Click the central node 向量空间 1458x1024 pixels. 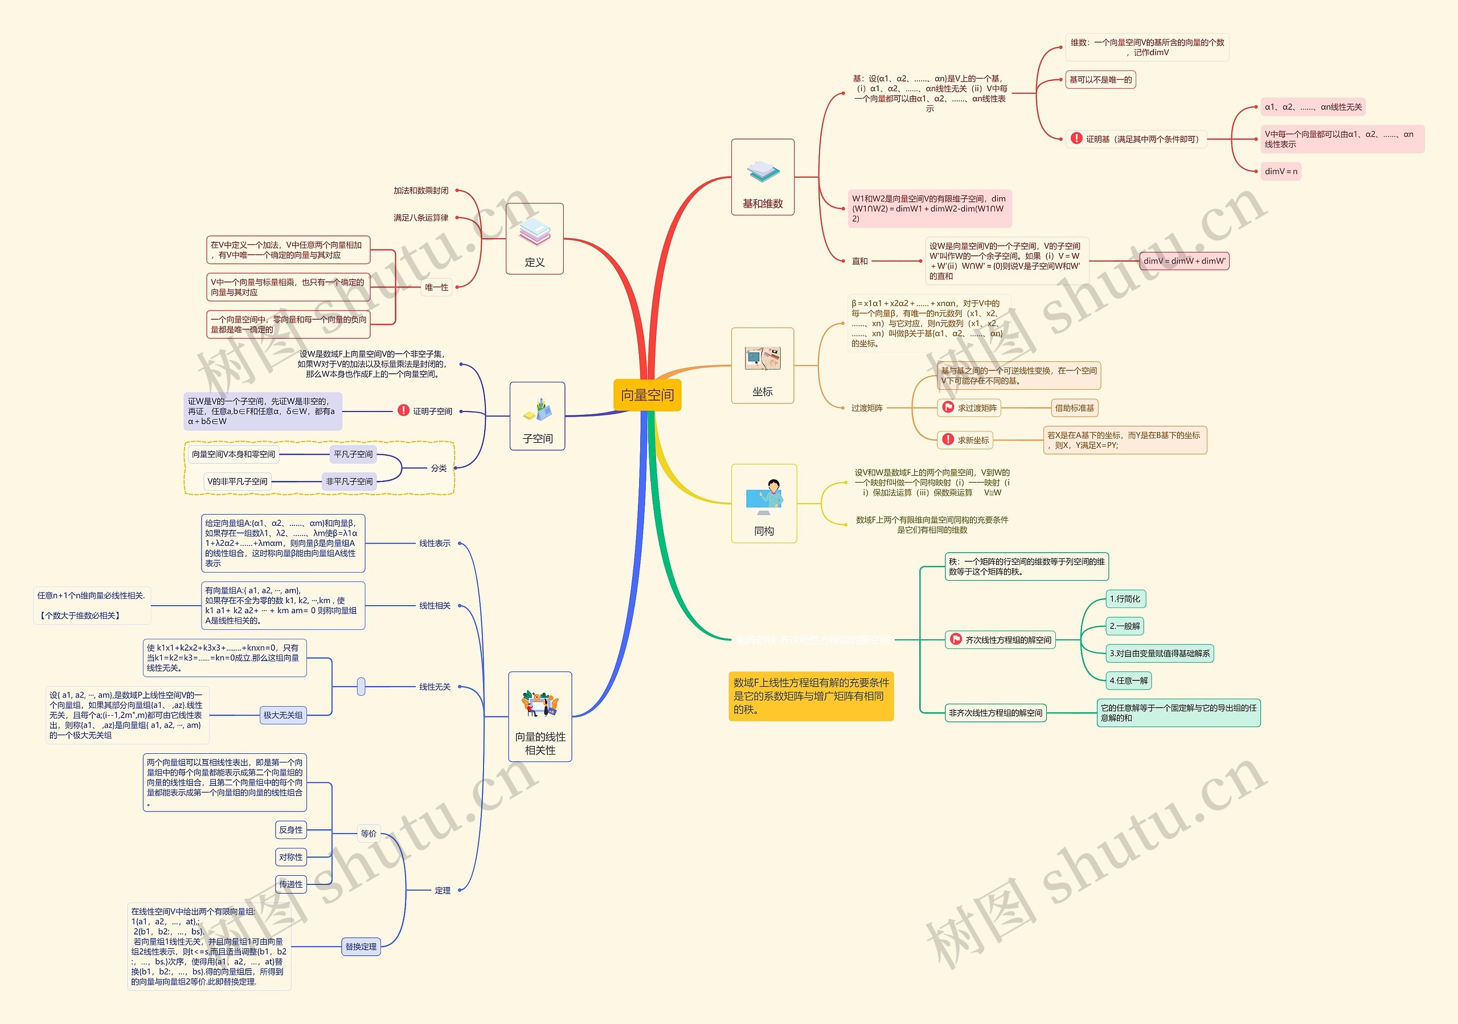coord(646,395)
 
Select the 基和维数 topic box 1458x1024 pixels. coord(762,177)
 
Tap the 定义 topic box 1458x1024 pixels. coord(534,239)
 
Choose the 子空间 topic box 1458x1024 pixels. coord(537,416)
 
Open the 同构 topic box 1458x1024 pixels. coord(763,504)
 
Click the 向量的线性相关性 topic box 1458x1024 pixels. coord(540,716)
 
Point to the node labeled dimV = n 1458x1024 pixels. coord(1280,172)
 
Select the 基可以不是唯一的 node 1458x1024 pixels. coord(1100,80)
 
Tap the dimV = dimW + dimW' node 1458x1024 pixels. coord(1183,261)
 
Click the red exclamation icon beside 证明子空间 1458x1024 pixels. coord(403,410)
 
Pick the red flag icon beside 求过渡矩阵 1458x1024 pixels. coord(948,407)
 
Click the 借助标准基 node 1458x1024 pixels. coord(1075,408)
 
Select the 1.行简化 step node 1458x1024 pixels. coord(1125,599)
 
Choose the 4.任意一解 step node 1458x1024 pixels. coord(1128,681)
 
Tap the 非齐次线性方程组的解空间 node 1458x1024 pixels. coord(995,713)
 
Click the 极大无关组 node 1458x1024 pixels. coord(283,715)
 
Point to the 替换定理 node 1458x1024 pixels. coord(361,947)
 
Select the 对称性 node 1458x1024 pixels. coord(291,857)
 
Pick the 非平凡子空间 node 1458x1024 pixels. coord(349,482)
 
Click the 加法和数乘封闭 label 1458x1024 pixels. coord(420,190)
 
